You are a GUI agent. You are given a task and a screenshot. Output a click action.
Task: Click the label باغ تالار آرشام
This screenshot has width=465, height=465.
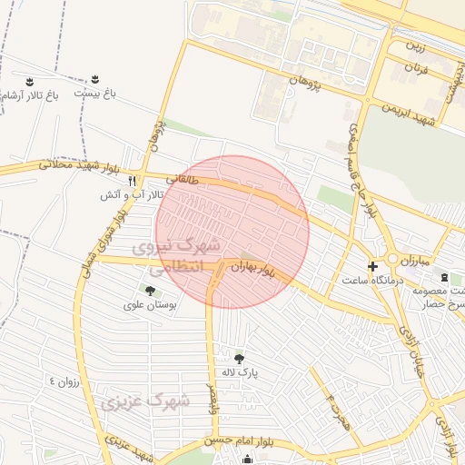(x=27, y=94)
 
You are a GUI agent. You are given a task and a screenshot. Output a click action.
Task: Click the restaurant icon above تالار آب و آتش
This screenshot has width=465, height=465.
(x=133, y=180)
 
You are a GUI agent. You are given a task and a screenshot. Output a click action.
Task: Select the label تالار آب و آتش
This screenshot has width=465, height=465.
(x=132, y=194)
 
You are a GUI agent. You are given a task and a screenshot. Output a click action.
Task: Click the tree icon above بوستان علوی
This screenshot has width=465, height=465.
(x=148, y=291)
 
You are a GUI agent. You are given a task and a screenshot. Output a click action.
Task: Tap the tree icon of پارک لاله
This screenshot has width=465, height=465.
(x=239, y=359)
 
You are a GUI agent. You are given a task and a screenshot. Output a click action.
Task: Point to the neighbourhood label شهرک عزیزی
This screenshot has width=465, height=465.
(x=145, y=401)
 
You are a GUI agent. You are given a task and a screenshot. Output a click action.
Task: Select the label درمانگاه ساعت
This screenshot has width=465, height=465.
(x=367, y=280)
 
